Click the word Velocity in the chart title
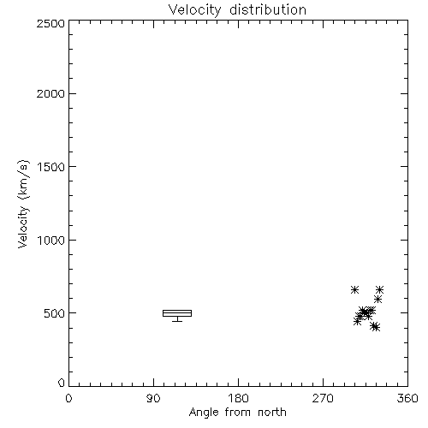click(x=194, y=10)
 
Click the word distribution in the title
click(x=268, y=9)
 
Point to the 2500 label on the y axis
click(x=51, y=23)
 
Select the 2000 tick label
click(x=51, y=93)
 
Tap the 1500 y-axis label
click(x=51, y=167)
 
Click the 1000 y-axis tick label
click(x=51, y=240)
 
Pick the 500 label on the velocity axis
click(x=55, y=313)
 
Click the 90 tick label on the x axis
click(x=153, y=398)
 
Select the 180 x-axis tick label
click(x=238, y=398)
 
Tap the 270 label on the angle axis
click(x=323, y=398)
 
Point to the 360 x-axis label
click(x=407, y=398)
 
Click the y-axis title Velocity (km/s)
click(x=23, y=204)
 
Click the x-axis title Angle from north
click(x=238, y=413)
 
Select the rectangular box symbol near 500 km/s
click(x=177, y=310)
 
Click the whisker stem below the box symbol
click(x=177, y=319)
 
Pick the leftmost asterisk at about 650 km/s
click(x=354, y=290)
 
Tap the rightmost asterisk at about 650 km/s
click(x=379, y=290)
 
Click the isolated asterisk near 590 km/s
click(x=378, y=300)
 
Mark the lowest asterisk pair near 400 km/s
click(x=375, y=327)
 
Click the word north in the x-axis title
click(x=272, y=413)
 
